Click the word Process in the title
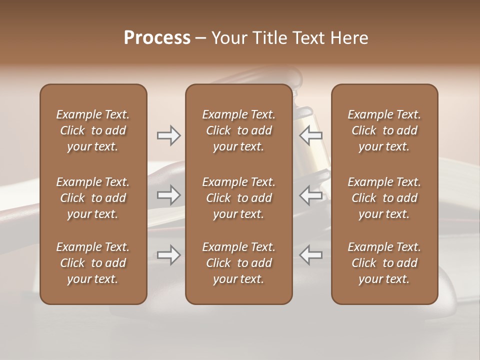click(x=157, y=37)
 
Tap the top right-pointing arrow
click(x=168, y=135)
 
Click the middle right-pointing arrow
click(x=168, y=195)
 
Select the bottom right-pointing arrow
click(x=168, y=255)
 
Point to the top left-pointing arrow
click(x=311, y=135)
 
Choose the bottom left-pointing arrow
click(x=311, y=255)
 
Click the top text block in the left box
click(x=93, y=130)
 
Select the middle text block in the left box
click(x=93, y=198)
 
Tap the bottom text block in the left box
click(x=93, y=263)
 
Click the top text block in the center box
click(x=238, y=130)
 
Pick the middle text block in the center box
click(x=238, y=198)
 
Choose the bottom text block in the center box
click(x=238, y=263)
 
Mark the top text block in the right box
click(x=384, y=130)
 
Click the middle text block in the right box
click(x=384, y=198)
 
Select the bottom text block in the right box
click(x=384, y=263)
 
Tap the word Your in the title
click(x=229, y=37)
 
